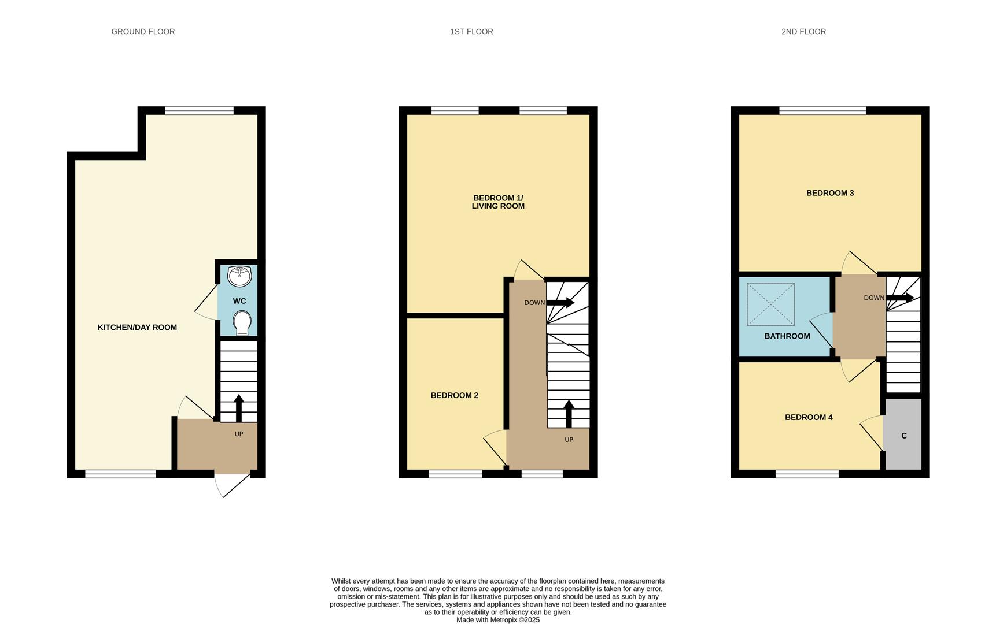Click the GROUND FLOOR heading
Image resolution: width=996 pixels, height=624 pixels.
(143, 32)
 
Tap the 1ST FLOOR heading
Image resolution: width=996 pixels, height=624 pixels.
(471, 32)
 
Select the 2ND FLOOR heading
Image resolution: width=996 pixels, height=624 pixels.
(803, 32)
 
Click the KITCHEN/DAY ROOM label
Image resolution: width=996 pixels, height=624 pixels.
(137, 328)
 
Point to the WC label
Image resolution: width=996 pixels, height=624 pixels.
(239, 301)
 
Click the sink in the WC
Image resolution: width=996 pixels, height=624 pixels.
(239, 276)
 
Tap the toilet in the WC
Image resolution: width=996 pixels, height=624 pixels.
(242, 322)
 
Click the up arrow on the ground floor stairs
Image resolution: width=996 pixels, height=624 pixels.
(238, 407)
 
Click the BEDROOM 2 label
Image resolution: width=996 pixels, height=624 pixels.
(454, 396)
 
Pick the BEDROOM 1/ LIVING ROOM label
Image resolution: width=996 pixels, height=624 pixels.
(498, 202)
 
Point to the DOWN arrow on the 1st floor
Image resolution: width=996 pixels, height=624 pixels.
(560, 303)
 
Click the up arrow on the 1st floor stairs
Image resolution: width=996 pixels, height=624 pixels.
(569, 413)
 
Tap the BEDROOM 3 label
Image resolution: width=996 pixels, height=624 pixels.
(830, 193)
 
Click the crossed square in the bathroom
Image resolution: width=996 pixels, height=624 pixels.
(770, 304)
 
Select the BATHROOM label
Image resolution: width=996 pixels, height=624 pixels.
(787, 336)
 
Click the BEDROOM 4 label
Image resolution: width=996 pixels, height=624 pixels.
(809, 417)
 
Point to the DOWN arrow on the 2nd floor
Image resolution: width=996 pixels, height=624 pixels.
(899, 298)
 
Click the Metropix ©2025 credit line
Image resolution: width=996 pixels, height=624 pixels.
(497, 620)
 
